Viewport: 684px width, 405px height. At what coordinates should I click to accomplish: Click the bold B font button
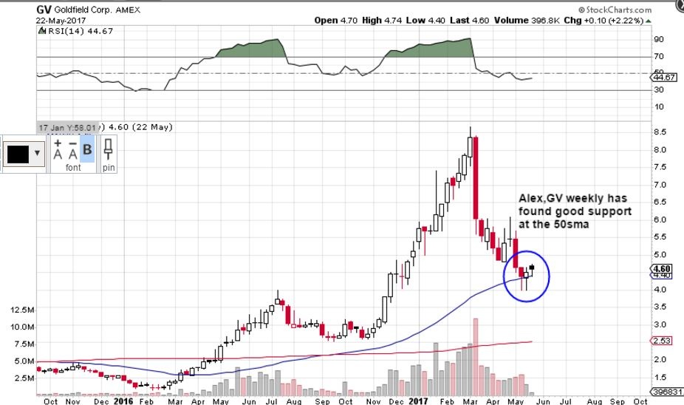87,150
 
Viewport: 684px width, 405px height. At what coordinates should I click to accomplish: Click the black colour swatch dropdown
24,154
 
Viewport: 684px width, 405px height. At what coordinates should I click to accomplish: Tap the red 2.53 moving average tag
664,341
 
